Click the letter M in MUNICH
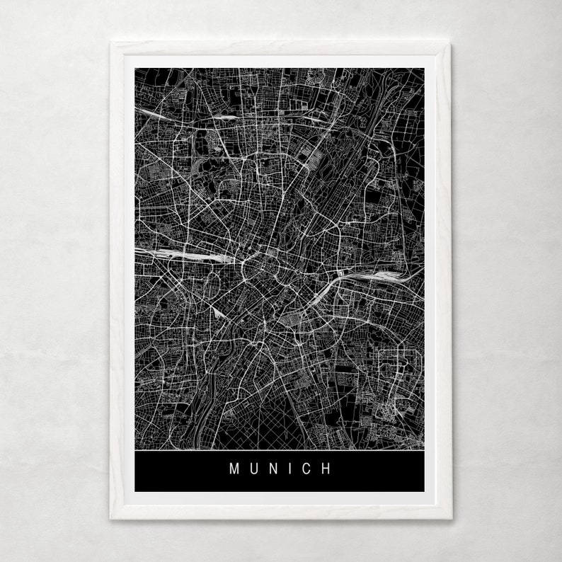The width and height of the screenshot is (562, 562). coord(234,469)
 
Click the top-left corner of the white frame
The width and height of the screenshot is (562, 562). coord(112,43)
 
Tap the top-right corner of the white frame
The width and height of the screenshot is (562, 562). coord(450,43)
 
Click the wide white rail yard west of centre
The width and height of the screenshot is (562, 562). coord(188,253)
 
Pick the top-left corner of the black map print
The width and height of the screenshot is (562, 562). coord(134,68)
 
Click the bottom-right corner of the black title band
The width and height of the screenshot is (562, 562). coord(425,491)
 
